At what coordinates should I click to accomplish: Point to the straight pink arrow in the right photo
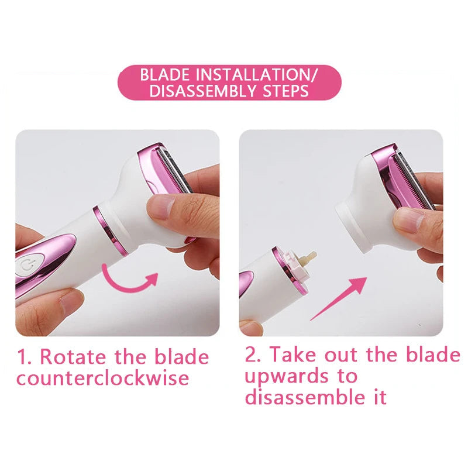(x=338, y=298)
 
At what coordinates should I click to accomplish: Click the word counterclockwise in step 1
(x=103, y=377)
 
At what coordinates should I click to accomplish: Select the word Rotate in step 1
(x=73, y=356)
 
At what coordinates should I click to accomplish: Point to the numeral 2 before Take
(x=251, y=355)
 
